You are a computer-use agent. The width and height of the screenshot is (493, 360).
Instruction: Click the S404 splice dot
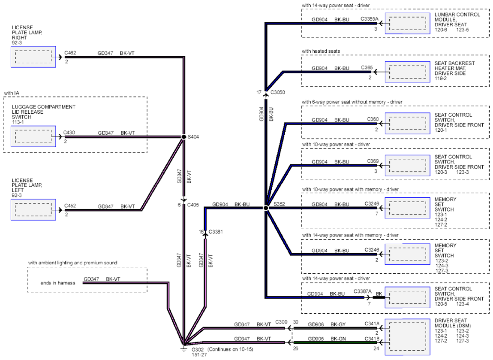pos(183,136)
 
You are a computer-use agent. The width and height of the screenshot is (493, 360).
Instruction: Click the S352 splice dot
pos(266,208)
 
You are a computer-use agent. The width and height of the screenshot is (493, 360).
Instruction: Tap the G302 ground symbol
pos(183,348)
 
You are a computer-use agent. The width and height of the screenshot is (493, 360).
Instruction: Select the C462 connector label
pos(70,53)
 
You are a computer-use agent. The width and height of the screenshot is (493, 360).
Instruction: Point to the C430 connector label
pos(69,133)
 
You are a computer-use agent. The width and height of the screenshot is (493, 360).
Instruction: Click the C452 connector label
pos(70,206)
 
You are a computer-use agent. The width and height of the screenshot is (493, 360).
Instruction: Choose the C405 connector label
pos(193,205)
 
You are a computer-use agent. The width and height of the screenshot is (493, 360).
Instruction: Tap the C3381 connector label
pos(215,232)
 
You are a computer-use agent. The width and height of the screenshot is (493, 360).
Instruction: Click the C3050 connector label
pos(278,92)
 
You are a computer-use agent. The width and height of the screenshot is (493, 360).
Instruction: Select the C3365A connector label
pos(370,19)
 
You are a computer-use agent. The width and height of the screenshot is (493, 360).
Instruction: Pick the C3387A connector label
pos(363,291)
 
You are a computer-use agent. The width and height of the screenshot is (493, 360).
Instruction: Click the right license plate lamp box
pos(33,57)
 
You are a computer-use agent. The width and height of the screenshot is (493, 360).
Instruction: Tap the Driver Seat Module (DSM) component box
pos(408,337)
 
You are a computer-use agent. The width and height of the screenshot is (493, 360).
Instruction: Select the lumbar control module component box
pos(408,23)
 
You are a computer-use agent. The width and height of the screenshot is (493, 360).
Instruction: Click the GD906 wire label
pos(316,324)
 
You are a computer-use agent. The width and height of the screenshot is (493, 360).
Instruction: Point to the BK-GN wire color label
pos(338,339)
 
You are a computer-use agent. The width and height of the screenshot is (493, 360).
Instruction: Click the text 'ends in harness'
pos(58,283)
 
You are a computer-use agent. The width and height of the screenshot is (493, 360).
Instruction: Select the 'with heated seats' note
pos(321,51)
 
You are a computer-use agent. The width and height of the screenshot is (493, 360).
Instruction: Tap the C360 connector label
pos(373,119)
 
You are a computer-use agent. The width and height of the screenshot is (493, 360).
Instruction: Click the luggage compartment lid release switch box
pos(33,136)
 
